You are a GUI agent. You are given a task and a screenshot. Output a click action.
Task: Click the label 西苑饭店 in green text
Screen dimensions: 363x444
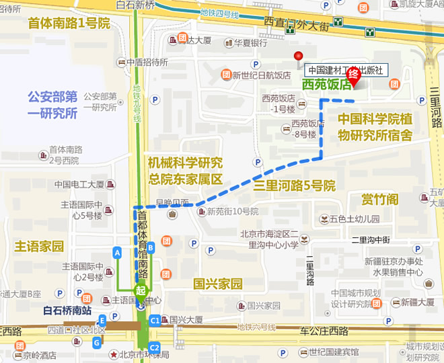coord(326,85)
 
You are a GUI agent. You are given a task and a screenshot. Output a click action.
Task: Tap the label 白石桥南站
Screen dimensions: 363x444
coord(67,310)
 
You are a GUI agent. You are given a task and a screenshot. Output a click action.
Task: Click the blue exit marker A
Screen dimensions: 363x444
coord(117,252)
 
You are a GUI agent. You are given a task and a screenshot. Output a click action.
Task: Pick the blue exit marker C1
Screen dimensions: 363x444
coord(155,321)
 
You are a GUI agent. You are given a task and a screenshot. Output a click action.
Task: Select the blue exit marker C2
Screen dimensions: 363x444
coord(155,348)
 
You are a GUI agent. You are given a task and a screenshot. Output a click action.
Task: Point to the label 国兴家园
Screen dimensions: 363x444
coord(217,284)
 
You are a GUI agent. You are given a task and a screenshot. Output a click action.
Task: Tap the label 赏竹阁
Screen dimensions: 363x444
coord(379,200)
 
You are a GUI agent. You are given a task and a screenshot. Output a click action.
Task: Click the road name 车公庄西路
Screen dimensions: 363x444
coord(324,331)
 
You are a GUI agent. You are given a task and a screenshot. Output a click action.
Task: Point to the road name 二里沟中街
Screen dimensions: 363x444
coord(371,239)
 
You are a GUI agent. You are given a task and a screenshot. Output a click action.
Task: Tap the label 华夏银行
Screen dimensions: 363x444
coord(250,42)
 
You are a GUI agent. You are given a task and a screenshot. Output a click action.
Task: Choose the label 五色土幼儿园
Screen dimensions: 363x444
coord(355,219)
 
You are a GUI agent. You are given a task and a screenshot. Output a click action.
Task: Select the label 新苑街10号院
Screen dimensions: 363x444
coord(232,212)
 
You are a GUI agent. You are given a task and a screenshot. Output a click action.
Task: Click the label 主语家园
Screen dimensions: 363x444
coord(39,246)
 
